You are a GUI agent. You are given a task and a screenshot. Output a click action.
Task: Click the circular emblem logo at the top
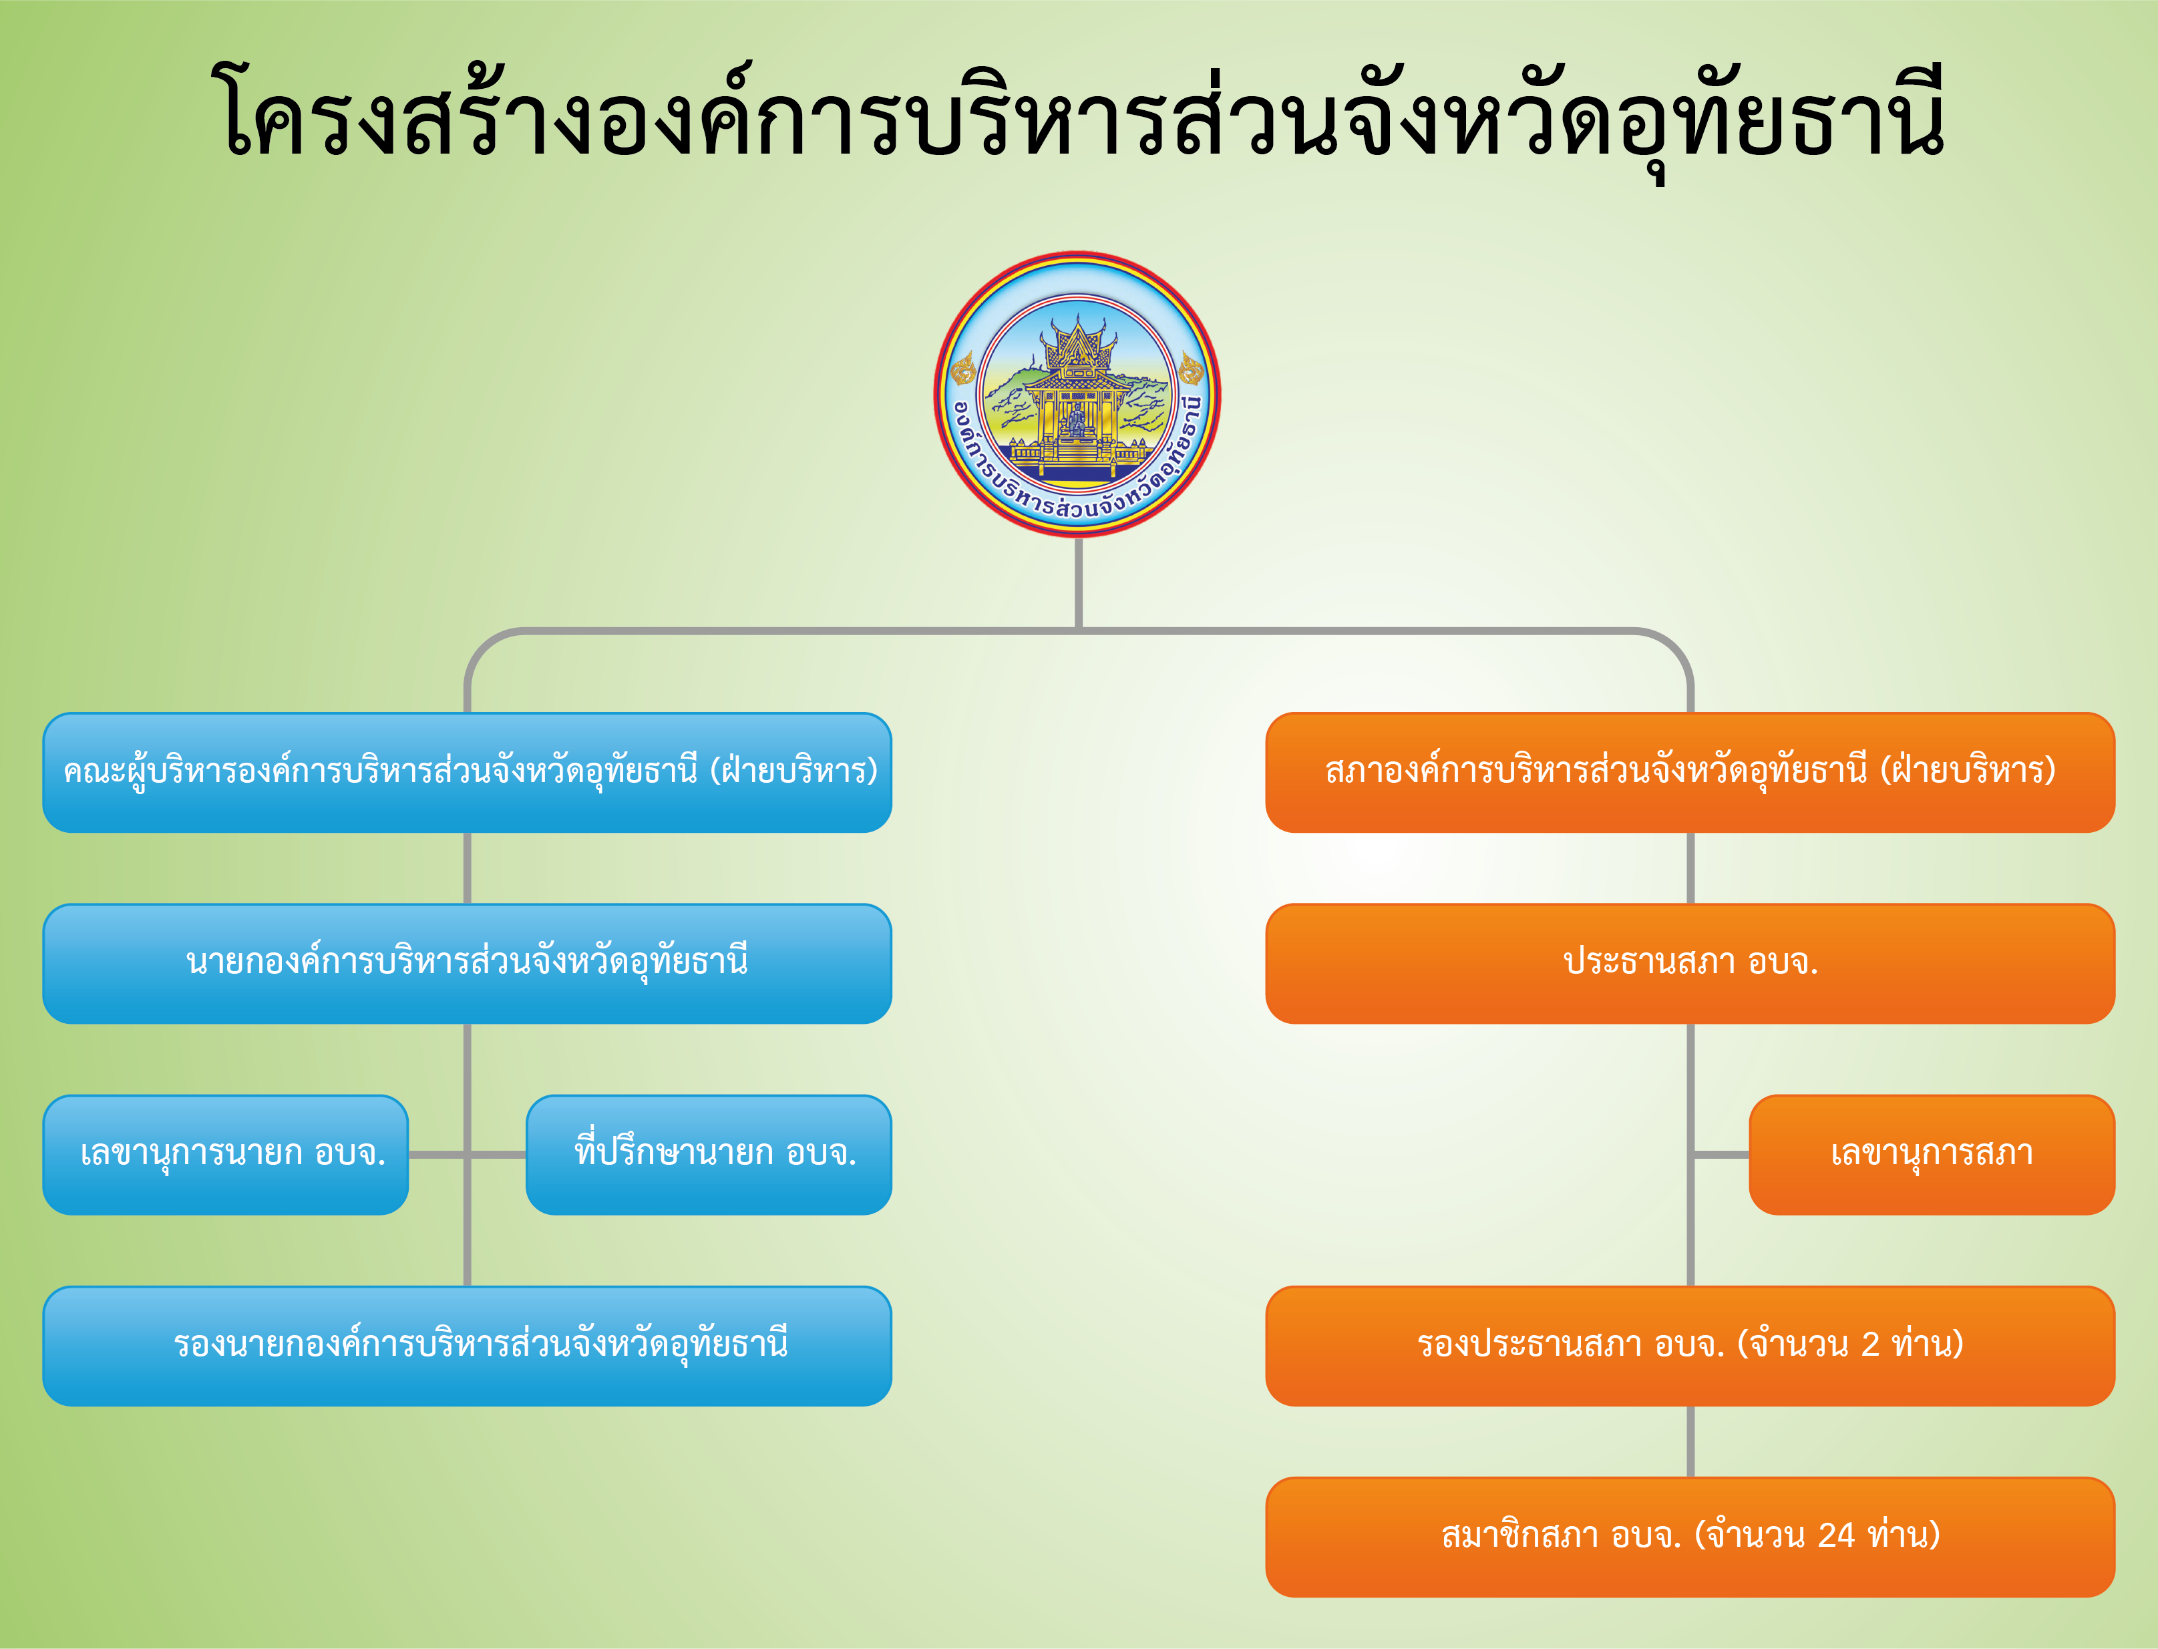(x=1077, y=393)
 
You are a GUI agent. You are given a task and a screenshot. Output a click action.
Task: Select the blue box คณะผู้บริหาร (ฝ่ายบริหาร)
(x=467, y=773)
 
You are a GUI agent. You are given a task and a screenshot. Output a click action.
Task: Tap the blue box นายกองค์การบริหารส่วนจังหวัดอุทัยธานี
(x=467, y=964)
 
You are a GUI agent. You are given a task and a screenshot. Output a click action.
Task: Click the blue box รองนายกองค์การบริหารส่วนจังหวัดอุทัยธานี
(x=467, y=1346)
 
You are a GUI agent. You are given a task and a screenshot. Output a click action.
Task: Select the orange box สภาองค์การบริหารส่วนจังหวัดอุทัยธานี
(x=1690, y=773)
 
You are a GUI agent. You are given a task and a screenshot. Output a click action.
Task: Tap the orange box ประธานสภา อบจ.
(x=1690, y=964)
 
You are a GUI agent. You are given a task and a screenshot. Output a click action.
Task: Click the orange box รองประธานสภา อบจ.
(x=1690, y=1346)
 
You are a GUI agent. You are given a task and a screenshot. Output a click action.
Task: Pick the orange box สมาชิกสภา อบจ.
(x=1690, y=1537)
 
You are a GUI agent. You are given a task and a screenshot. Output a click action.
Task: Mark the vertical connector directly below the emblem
(x=1079, y=583)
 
